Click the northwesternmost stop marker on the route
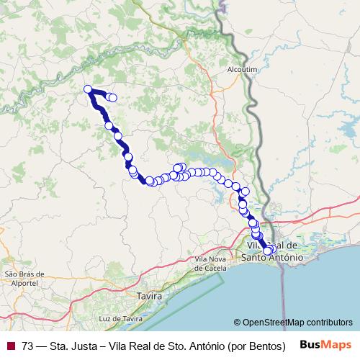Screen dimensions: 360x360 click(x=88, y=89)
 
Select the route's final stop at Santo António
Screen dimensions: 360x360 click(x=268, y=251)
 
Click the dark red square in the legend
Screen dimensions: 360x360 click(x=11, y=345)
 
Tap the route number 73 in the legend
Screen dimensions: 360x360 click(x=28, y=345)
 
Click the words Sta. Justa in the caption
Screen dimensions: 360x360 click(x=75, y=345)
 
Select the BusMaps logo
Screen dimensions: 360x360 click(x=325, y=344)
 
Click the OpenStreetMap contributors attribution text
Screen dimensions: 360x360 click(x=297, y=322)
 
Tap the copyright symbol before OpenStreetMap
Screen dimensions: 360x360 click(x=238, y=322)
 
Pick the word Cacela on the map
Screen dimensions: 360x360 click(x=211, y=267)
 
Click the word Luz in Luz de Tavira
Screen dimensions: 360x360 click(x=107, y=318)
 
